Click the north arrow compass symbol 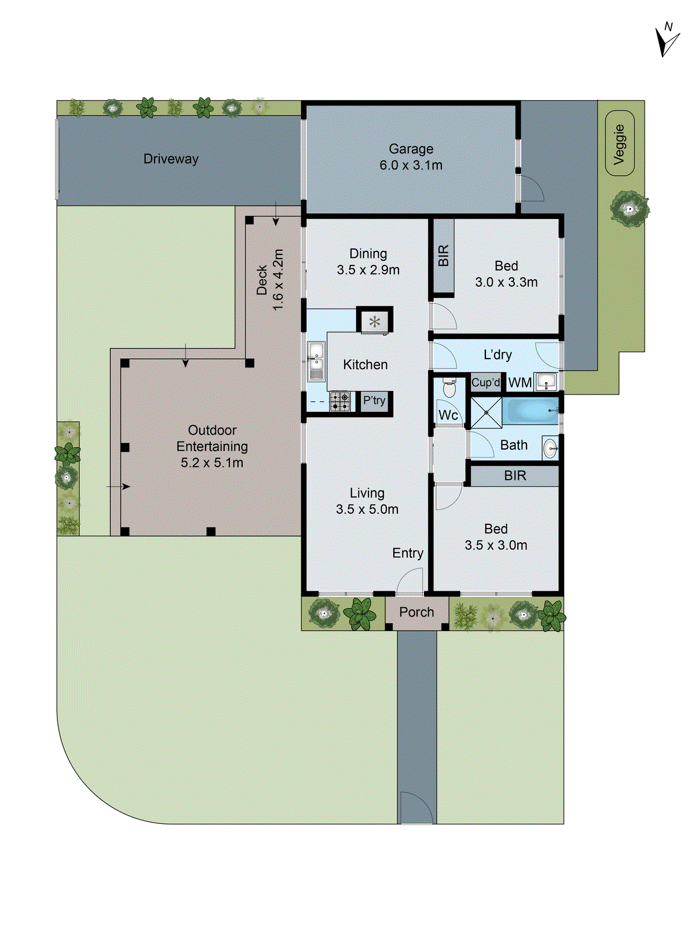(667, 41)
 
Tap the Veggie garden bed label (620, 144)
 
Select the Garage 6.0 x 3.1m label (411, 157)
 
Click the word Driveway (171, 159)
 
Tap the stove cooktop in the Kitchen (341, 401)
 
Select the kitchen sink (316, 362)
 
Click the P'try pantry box (374, 400)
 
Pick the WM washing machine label (520, 382)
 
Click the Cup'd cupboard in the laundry (485, 382)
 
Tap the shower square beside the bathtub (485, 412)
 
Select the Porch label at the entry (416, 612)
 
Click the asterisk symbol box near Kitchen (375, 321)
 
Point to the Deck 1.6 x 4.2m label (270, 280)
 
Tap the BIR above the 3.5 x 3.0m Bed (514, 476)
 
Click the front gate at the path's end (416, 808)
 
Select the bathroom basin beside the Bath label (550, 447)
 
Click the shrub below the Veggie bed (630, 208)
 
